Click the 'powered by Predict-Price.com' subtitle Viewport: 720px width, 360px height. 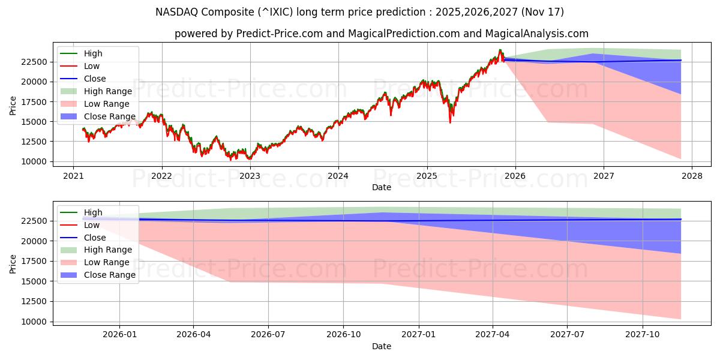point(381,34)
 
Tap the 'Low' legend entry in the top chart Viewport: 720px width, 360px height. point(92,66)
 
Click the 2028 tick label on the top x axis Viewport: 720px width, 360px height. point(692,176)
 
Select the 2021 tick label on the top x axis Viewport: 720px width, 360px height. point(73,176)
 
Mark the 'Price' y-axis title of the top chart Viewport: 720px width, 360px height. point(13,106)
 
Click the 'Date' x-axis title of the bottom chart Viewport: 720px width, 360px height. point(381,346)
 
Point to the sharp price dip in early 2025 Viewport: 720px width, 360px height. point(450,122)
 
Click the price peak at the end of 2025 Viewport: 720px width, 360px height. point(500,50)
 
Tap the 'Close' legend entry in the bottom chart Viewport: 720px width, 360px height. point(95,238)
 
